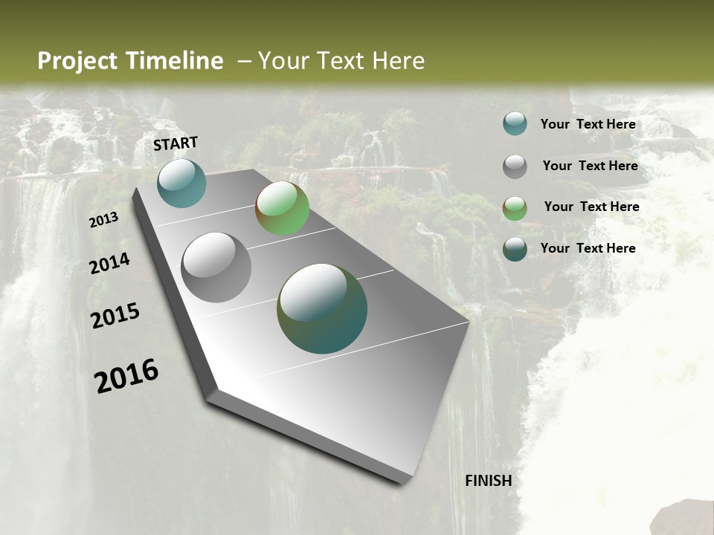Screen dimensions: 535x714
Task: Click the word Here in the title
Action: pyautogui.click(x=398, y=61)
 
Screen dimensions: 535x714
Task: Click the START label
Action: pyautogui.click(x=176, y=143)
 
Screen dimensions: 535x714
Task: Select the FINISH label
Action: pyautogui.click(x=488, y=481)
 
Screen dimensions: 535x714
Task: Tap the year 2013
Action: pyautogui.click(x=103, y=220)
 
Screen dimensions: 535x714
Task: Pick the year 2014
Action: pyautogui.click(x=109, y=264)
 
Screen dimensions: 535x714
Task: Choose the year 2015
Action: pyautogui.click(x=115, y=316)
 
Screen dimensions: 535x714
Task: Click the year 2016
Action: pyautogui.click(x=126, y=376)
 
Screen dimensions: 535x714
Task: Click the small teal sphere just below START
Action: pyautogui.click(x=181, y=183)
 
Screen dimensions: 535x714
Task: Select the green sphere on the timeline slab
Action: pyautogui.click(x=282, y=208)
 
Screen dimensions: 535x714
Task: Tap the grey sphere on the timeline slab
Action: pyautogui.click(x=216, y=267)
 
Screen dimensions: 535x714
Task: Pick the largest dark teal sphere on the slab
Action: pyautogui.click(x=321, y=308)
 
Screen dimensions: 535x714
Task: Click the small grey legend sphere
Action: pyautogui.click(x=515, y=166)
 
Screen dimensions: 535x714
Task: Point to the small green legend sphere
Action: pyautogui.click(x=515, y=208)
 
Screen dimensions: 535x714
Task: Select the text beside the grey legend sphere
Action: pyautogui.click(x=590, y=166)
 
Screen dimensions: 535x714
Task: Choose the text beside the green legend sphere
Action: pyautogui.click(x=591, y=207)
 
